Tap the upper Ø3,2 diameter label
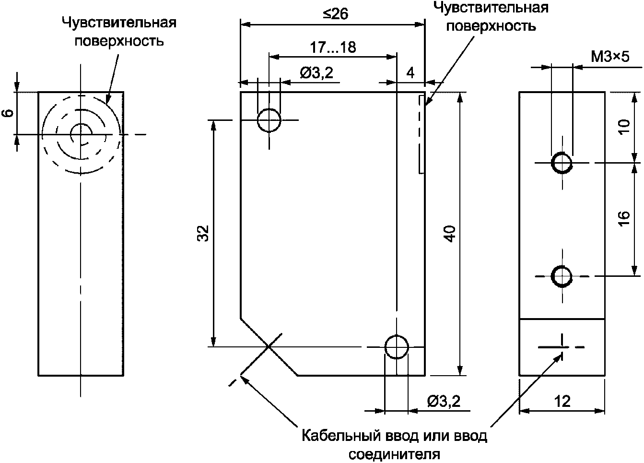click(x=316, y=73)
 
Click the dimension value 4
click(x=410, y=73)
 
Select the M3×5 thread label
click(x=609, y=57)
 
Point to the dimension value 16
click(x=623, y=219)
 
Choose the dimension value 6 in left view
click(x=7, y=113)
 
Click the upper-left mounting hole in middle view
click(x=269, y=120)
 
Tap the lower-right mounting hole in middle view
click(x=396, y=346)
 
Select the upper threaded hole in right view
click(x=562, y=163)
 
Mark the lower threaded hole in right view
click(x=562, y=276)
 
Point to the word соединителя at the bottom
click(x=394, y=453)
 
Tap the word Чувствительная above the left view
click(x=118, y=23)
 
